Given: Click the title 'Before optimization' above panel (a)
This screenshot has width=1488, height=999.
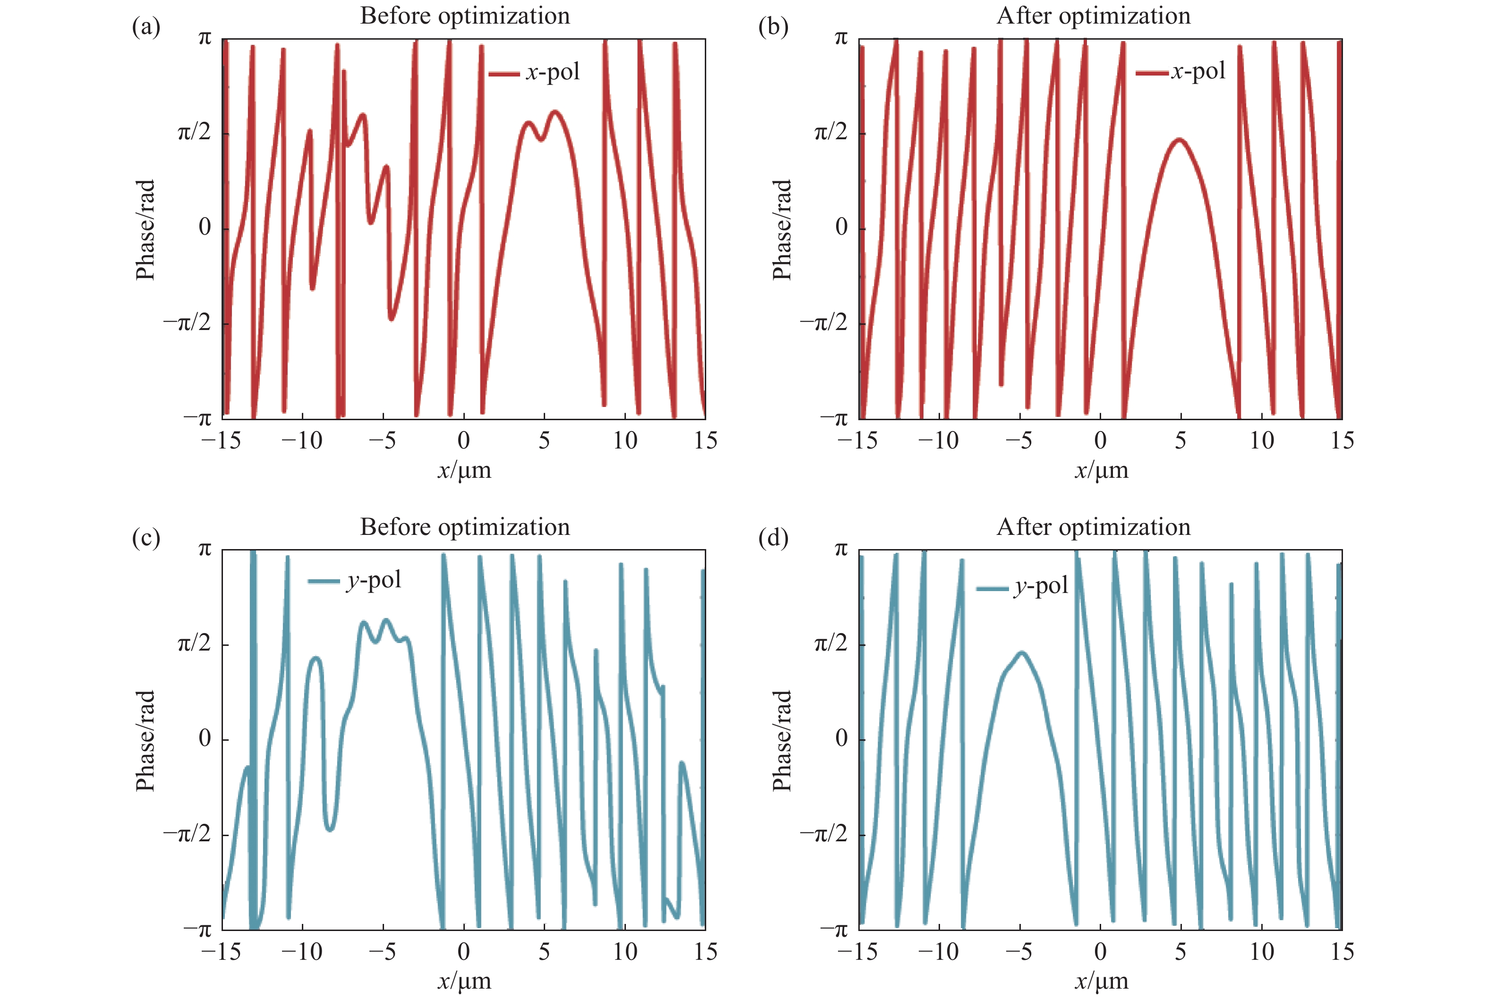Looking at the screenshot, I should (465, 16).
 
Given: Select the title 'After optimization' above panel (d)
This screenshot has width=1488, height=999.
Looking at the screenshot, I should (1094, 527).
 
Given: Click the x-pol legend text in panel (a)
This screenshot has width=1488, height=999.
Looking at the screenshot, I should (553, 72).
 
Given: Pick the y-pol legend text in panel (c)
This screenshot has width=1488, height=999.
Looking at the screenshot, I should (374, 580).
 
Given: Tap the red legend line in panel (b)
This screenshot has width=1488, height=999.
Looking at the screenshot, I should (1151, 73).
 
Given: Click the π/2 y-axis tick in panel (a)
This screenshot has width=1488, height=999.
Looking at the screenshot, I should (194, 133).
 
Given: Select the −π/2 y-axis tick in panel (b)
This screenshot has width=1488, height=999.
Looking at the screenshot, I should (824, 323).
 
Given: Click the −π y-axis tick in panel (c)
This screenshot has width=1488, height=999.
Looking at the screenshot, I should (197, 930).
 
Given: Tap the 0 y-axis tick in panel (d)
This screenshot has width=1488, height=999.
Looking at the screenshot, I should (841, 738).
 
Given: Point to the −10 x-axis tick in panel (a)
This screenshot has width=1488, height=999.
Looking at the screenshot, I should (302, 440).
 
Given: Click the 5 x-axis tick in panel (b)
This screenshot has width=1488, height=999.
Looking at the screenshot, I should (1180, 440).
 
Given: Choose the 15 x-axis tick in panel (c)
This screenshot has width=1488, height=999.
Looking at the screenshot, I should (705, 952).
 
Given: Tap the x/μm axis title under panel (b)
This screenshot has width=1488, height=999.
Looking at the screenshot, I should (1101, 471).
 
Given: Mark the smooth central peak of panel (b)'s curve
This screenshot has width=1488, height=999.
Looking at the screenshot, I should (1180, 140).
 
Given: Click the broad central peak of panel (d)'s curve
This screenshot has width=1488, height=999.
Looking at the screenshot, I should (1022, 653).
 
